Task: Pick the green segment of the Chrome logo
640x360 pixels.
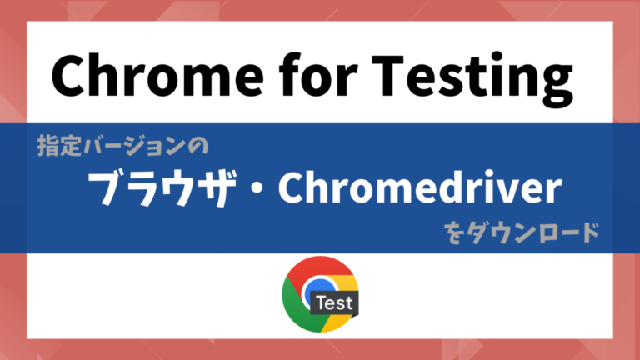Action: (296, 304)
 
